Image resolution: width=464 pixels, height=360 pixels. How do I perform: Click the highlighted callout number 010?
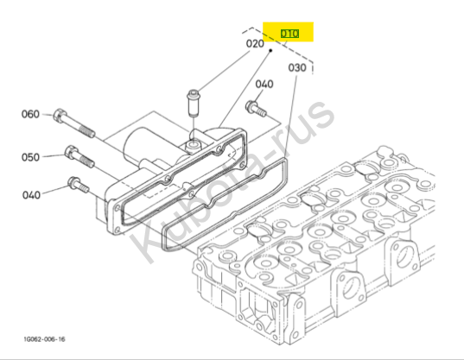289,34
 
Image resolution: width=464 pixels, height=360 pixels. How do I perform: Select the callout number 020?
255,44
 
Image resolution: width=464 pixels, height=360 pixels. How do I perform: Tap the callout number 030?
297,67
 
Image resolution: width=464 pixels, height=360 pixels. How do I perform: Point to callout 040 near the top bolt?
264,85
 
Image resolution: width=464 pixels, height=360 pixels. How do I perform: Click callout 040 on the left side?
31,195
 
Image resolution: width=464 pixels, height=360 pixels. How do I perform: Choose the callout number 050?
30,157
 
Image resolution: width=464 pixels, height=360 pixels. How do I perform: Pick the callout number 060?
30,114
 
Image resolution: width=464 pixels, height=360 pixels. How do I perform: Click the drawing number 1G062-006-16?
44,339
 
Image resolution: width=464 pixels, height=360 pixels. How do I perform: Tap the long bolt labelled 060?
74,123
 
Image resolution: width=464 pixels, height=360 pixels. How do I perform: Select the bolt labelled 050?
79,156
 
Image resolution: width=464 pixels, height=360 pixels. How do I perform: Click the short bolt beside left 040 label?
79,185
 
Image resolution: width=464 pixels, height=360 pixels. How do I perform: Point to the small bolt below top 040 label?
256,109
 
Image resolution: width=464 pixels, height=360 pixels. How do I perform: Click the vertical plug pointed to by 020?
193,103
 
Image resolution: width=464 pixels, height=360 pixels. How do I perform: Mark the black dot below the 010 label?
270,51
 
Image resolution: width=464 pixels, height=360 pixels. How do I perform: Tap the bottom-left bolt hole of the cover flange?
118,230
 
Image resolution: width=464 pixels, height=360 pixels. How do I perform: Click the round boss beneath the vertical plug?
193,145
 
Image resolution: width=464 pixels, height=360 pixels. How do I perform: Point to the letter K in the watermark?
147,238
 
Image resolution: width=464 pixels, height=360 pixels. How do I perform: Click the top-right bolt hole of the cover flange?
242,165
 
